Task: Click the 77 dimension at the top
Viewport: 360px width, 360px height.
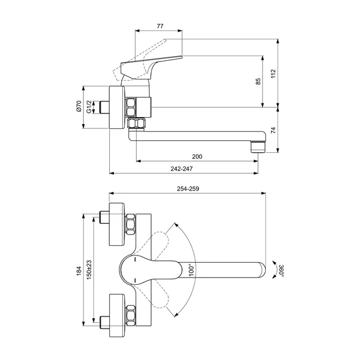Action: (x=160, y=26)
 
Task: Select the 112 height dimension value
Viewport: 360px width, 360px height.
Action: (x=273, y=73)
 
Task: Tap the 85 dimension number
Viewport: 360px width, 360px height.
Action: (x=258, y=81)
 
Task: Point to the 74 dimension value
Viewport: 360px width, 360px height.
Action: (x=273, y=130)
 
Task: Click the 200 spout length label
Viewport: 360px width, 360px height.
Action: (x=197, y=156)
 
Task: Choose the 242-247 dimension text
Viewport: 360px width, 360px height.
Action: (x=181, y=169)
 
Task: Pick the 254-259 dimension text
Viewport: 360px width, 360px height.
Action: (x=188, y=189)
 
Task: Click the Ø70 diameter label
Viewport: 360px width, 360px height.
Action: (x=79, y=106)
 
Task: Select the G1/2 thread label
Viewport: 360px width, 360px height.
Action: (x=89, y=107)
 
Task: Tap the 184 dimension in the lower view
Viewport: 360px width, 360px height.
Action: (x=79, y=271)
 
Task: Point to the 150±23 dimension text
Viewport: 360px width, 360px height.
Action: (x=89, y=269)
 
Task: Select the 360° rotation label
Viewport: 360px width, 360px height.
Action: (x=281, y=270)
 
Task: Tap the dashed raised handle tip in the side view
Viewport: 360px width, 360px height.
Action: (x=165, y=41)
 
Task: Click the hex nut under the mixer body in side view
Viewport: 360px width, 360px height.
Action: (x=136, y=124)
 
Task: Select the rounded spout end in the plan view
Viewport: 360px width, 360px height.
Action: (x=261, y=269)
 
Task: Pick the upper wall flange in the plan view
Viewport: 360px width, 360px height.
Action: (x=117, y=224)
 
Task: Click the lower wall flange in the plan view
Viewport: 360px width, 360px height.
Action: (x=117, y=315)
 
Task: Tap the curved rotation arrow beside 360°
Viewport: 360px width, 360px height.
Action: (x=274, y=270)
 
